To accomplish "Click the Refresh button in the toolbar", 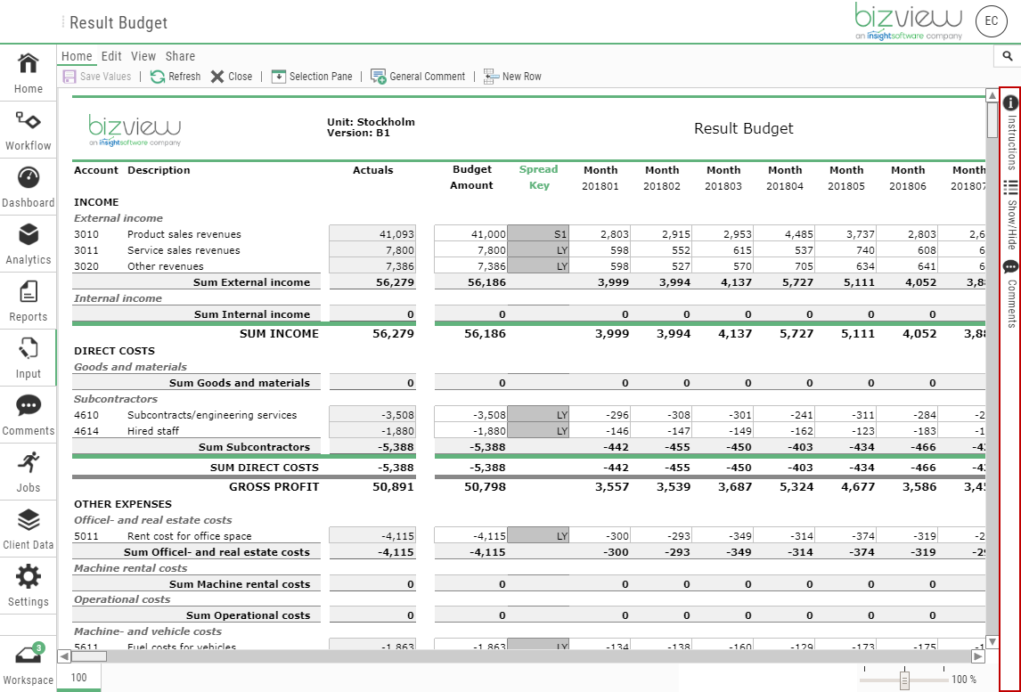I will [176, 77].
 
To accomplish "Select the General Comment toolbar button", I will [418, 77].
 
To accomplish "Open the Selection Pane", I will [312, 77].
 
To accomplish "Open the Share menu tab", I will [180, 56].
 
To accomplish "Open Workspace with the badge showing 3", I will [29, 664].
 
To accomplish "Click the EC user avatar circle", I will [992, 21].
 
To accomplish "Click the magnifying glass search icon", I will [1008, 56].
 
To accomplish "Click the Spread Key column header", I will [538, 177].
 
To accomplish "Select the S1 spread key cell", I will [538, 234].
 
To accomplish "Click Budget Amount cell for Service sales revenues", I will [471, 250].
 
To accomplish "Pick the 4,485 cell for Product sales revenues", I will [785, 234].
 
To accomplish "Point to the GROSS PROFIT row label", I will [274, 487].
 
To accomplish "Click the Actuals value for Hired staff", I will [372, 431].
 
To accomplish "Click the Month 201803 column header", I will [723, 177].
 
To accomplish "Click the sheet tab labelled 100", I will [79, 678].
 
